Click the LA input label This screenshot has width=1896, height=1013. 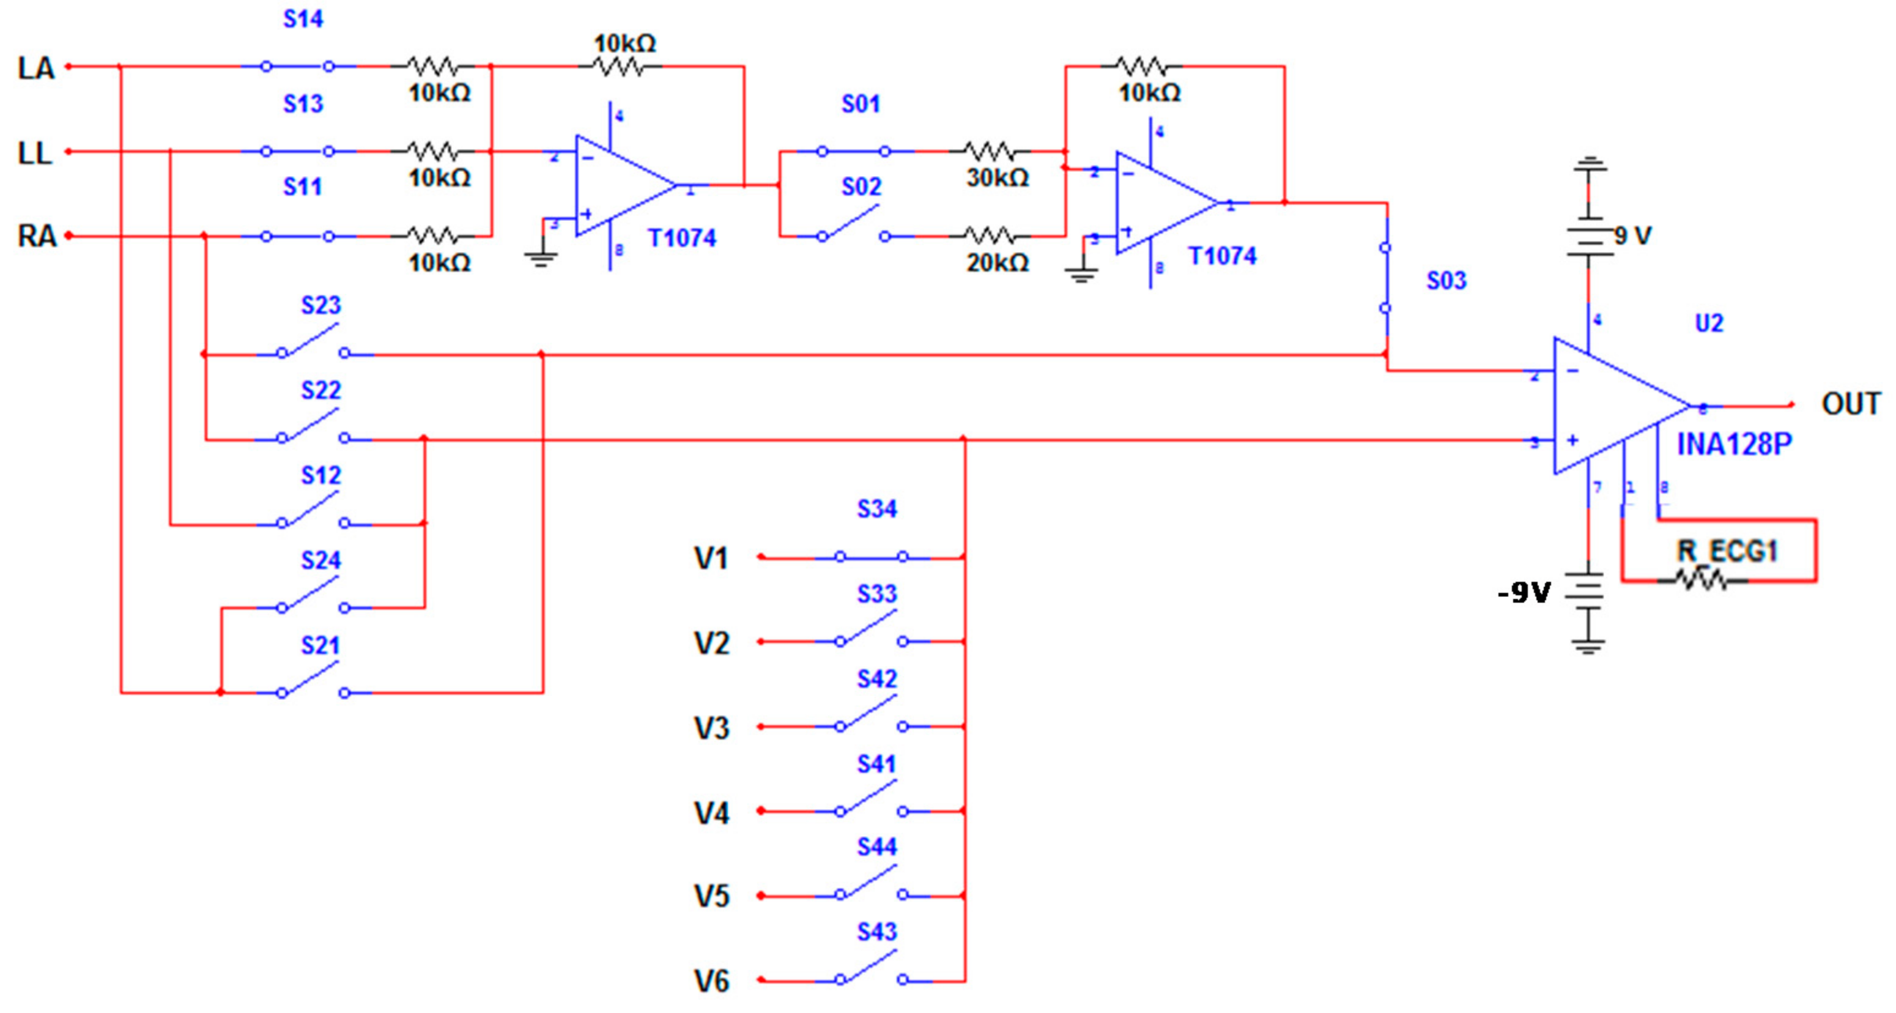[x=36, y=69]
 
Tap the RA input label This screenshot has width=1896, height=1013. [x=37, y=236]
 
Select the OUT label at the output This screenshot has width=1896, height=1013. [x=1850, y=404]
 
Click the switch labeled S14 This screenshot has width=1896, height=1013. [x=297, y=66]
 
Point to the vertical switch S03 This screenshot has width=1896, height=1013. [x=1385, y=278]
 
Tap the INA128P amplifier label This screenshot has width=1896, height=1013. [x=1733, y=444]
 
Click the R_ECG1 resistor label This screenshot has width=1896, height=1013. [x=1727, y=551]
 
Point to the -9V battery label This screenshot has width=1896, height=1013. [x=1524, y=593]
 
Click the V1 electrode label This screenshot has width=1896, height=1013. [x=711, y=558]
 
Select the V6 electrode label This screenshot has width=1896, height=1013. [x=711, y=981]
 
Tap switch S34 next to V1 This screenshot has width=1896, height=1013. [x=872, y=557]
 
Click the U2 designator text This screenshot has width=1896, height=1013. [x=1708, y=323]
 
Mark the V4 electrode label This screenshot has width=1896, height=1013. [x=711, y=814]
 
